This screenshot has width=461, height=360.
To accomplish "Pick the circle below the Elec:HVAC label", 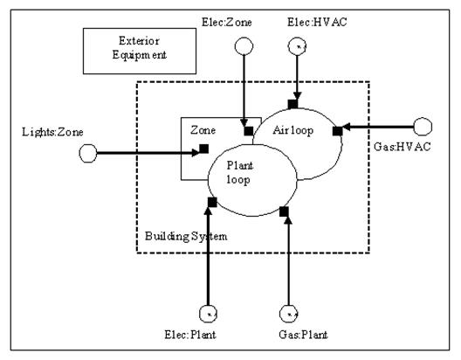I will (x=299, y=47).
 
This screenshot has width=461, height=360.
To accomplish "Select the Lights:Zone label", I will (x=32, y=131).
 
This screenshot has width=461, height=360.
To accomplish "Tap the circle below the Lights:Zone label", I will (x=86, y=153).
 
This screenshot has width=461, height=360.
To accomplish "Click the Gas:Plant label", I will (x=288, y=336).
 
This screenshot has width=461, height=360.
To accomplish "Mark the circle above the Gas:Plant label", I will (x=288, y=313).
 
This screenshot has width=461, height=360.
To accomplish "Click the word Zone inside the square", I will (x=203, y=128).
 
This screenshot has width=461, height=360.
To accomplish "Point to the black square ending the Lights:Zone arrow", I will (x=203, y=149).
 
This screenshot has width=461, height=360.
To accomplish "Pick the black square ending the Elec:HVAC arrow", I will (x=293, y=104).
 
